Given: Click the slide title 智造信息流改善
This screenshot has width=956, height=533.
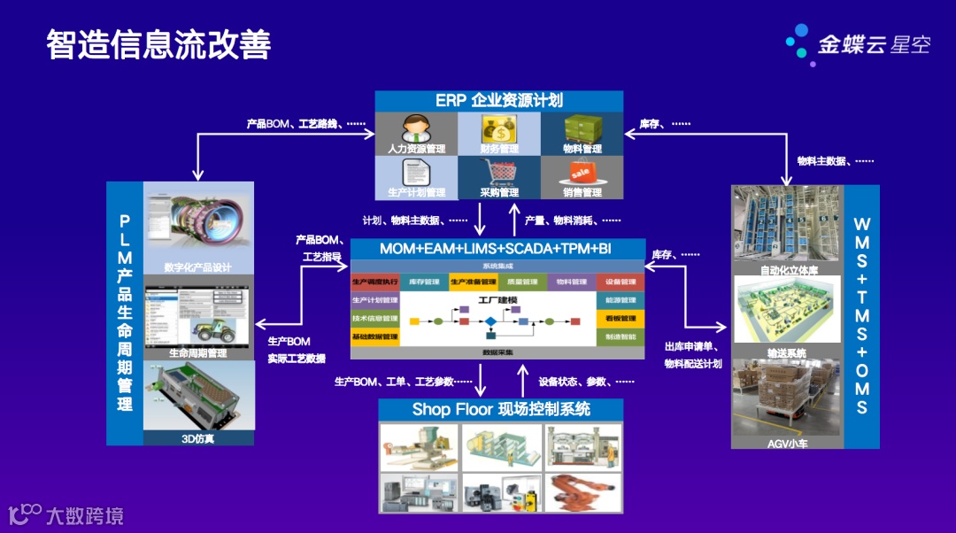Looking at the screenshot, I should click(x=158, y=45).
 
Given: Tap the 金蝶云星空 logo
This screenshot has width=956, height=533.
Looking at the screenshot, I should click(x=858, y=42).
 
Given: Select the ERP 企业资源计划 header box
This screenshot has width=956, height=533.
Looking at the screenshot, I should click(x=498, y=101).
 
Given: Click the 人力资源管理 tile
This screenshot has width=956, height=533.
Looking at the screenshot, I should click(x=416, y=134).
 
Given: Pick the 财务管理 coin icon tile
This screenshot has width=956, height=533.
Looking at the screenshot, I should click(x=499, y=134).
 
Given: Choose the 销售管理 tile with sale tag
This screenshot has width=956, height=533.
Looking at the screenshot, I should click(x=582, y=177).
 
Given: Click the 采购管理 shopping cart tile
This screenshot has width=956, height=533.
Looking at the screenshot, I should click(x=499, y=177).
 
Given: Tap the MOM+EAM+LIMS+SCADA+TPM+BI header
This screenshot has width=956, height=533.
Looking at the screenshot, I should click(x=496, y=249).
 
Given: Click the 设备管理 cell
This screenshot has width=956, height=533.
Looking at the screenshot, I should click(x=621, y=282).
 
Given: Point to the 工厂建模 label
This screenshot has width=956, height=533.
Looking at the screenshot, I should click(x=497, y=299).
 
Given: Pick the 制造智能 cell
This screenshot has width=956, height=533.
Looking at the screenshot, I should click(x=621, y=336).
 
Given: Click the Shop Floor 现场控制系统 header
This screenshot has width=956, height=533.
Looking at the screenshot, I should click(x=501, y=409).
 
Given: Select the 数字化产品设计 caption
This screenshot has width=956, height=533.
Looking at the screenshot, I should click(x=198, y=267).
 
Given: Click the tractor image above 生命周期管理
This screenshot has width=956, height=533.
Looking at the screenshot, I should click(x=198, y=314).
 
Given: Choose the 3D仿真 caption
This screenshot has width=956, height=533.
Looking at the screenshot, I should click(x=198, y=437).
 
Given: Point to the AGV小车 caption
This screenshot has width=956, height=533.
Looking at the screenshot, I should click(x=787, y=443).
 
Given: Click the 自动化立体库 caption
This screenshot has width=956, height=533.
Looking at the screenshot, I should click(x=787, y=268).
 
